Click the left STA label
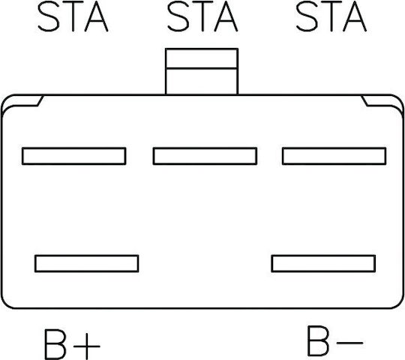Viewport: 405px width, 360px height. (x=73, y=16)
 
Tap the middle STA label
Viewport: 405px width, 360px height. (x=202, y=16)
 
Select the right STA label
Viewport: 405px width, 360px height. (x=331, y=16)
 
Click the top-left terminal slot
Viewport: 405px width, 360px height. (x=74, y=156)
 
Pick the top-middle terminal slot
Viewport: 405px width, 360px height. (x=205, y=156)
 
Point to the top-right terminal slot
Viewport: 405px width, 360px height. (x=334, y=156)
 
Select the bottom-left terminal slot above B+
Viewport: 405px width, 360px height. (x=87, y=263)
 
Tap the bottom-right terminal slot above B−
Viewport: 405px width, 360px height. (x=323, y=263)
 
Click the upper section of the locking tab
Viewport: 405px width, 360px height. (x=202, y=58)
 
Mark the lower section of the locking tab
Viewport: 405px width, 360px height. (x=202, y=82)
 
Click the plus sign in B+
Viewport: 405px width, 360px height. (x=87, y=346)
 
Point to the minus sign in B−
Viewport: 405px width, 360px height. (x=350, y=343)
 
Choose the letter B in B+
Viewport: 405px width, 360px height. (x=55, y=344)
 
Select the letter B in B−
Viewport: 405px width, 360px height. (x=318, y=340)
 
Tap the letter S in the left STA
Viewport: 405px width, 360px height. (x=49, y=16)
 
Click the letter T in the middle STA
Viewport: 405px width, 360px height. (x=202, y=16)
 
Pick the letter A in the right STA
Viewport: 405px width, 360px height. (x=355, y=16)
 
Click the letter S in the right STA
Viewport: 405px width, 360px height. (x=307, y=16)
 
